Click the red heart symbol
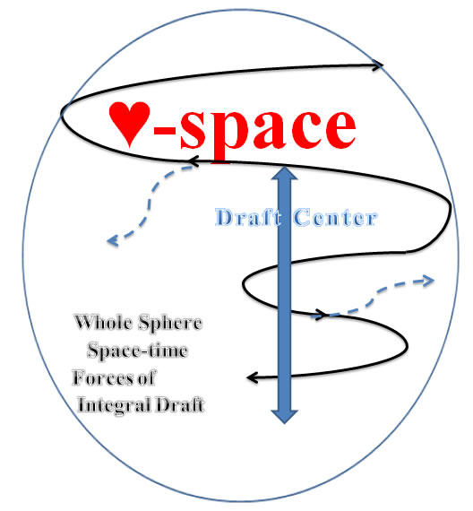click(x=129, y=123)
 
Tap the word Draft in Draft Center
click(x=248, y=217)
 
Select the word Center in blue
click(x=336, y=217)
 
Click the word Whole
click(x=103, y=323)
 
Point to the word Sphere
click(x=170, y=324)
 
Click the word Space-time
click(x=137, y=351)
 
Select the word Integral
click(x=114, y=406)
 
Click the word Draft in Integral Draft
click(x=180, y=405)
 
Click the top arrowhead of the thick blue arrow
click(x=285, y=173)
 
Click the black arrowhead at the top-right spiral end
click(x=377, y=65)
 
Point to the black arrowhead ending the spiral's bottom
click(x=253, y=378)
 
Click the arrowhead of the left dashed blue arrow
click(x=112, y=241)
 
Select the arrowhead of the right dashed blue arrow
click(x=428, y=281)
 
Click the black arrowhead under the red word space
click(x=193, y=161)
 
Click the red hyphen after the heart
click(x=165, y=133)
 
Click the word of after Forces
click(x=146, y=378)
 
